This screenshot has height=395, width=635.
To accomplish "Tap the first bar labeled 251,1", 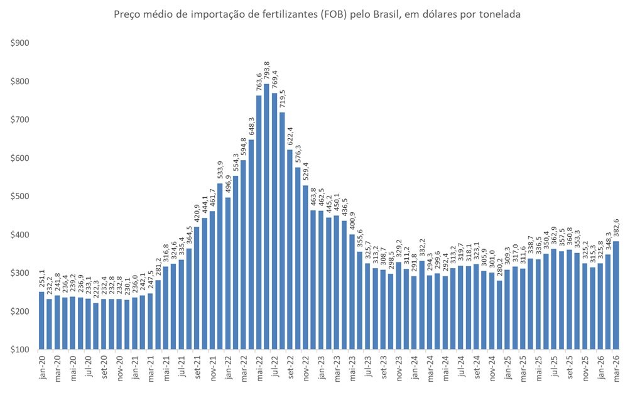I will click(41, 320).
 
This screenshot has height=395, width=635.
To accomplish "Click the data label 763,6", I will click(259, 82).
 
